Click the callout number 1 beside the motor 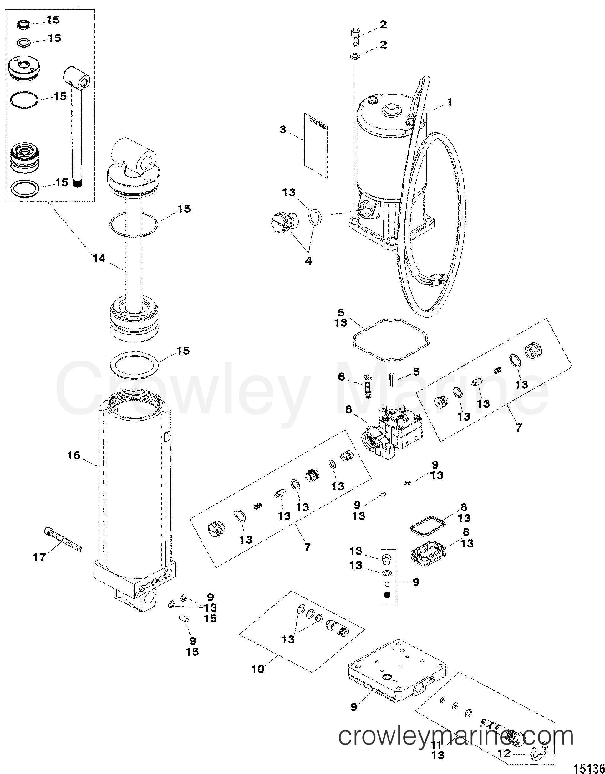click(449, 102)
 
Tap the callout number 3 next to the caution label click(283, 130)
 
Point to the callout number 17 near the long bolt click(39, 557)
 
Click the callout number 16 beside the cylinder click(74, 455)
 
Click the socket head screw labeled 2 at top click(354, 37)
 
